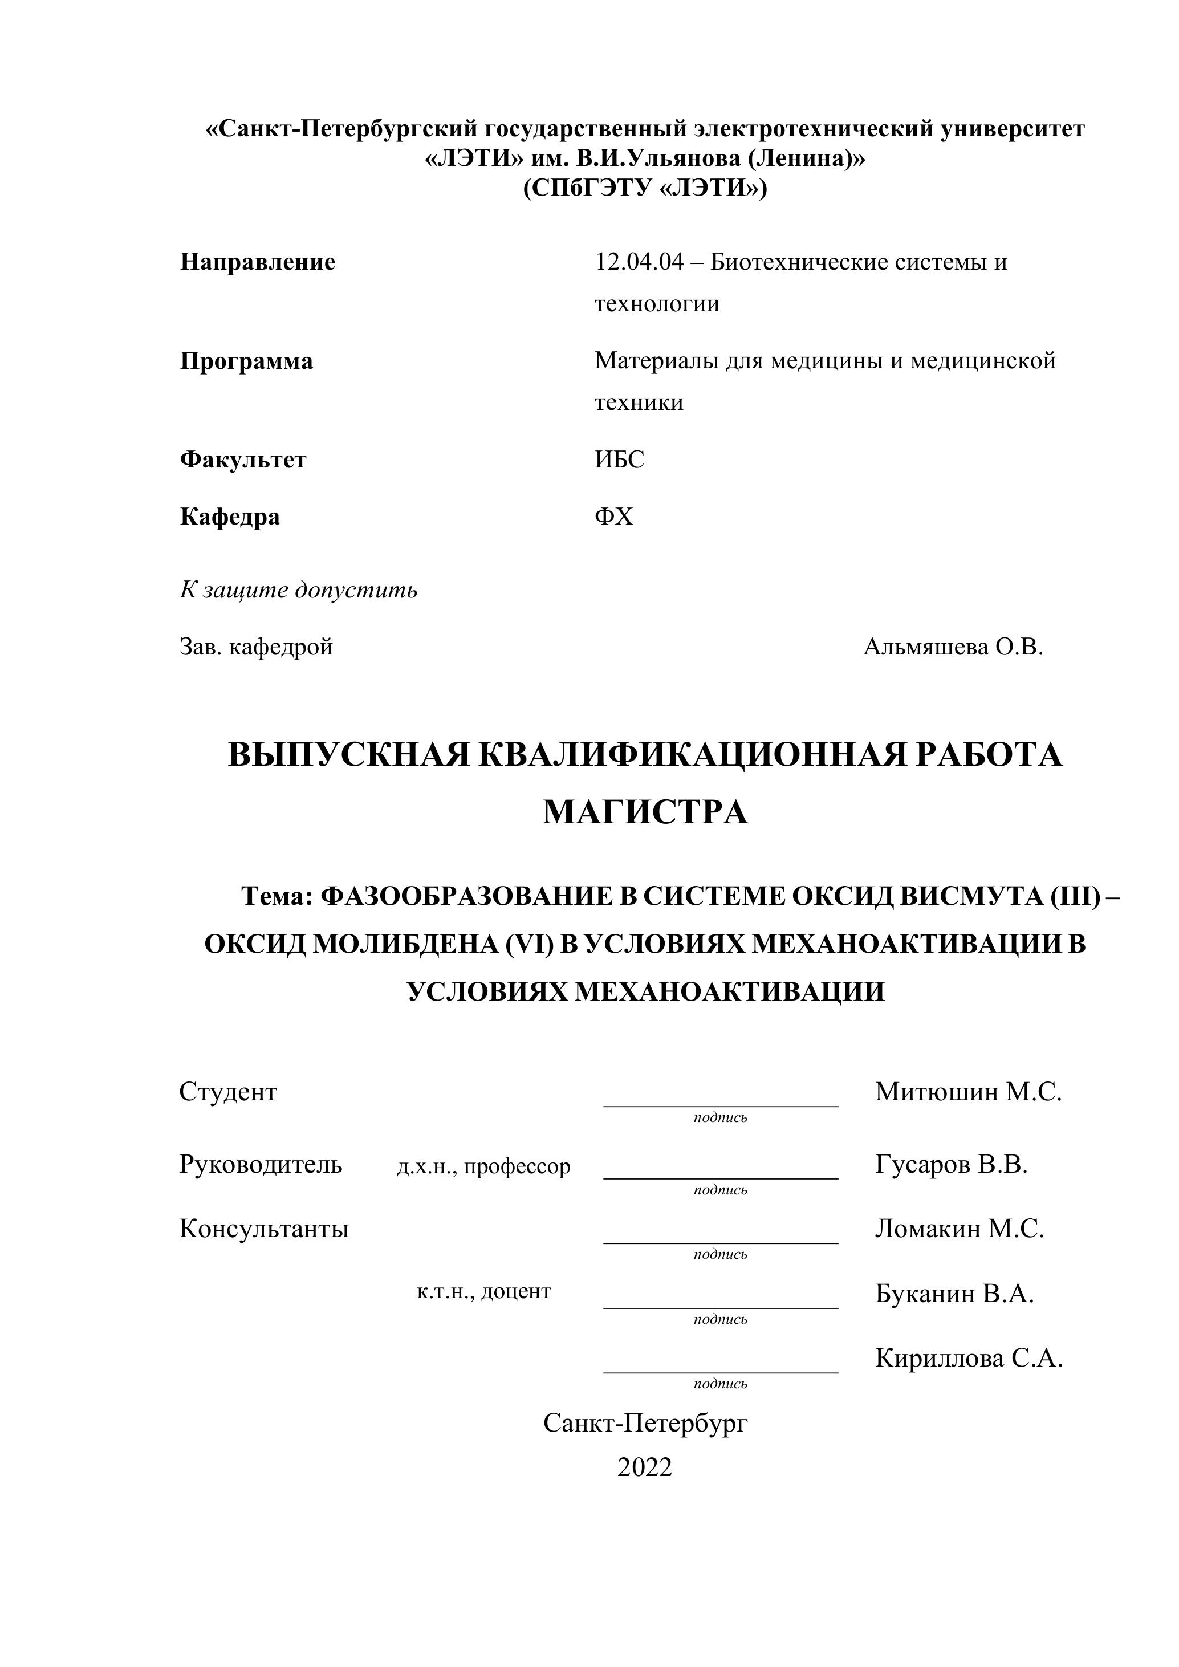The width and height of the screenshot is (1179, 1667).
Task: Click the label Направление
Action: (257, 262)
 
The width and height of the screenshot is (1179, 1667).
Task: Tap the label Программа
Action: (246, 361)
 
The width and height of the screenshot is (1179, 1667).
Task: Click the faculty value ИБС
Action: (619, 460)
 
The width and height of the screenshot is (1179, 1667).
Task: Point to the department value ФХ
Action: (613, 517)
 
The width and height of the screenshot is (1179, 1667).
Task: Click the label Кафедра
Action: (229, 517)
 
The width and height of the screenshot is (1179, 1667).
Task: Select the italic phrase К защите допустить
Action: (298, 589)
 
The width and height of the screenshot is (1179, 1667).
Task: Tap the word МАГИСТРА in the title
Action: (645, 812)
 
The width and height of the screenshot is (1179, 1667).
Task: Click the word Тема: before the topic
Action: (277, 897)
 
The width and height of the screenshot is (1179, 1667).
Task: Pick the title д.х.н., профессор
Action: (483, 1166)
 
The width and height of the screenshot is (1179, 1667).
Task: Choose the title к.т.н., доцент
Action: (483, 1291)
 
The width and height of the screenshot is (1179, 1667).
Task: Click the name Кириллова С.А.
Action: (969, 1357)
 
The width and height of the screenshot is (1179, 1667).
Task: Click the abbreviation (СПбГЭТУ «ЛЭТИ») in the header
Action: (645, 188)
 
